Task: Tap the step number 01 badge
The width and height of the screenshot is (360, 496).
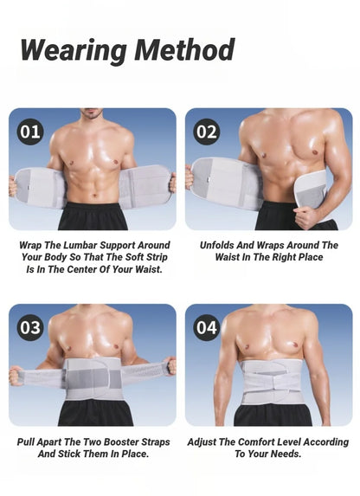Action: point(30,132)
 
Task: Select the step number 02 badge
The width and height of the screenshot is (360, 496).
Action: point(206,132)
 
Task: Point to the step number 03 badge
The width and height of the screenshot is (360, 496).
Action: point(30,328)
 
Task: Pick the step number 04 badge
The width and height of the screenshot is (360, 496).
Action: point(206,328)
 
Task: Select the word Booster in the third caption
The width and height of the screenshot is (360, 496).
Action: point(116,441)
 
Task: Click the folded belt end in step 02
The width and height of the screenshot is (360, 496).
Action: point(310,189)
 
